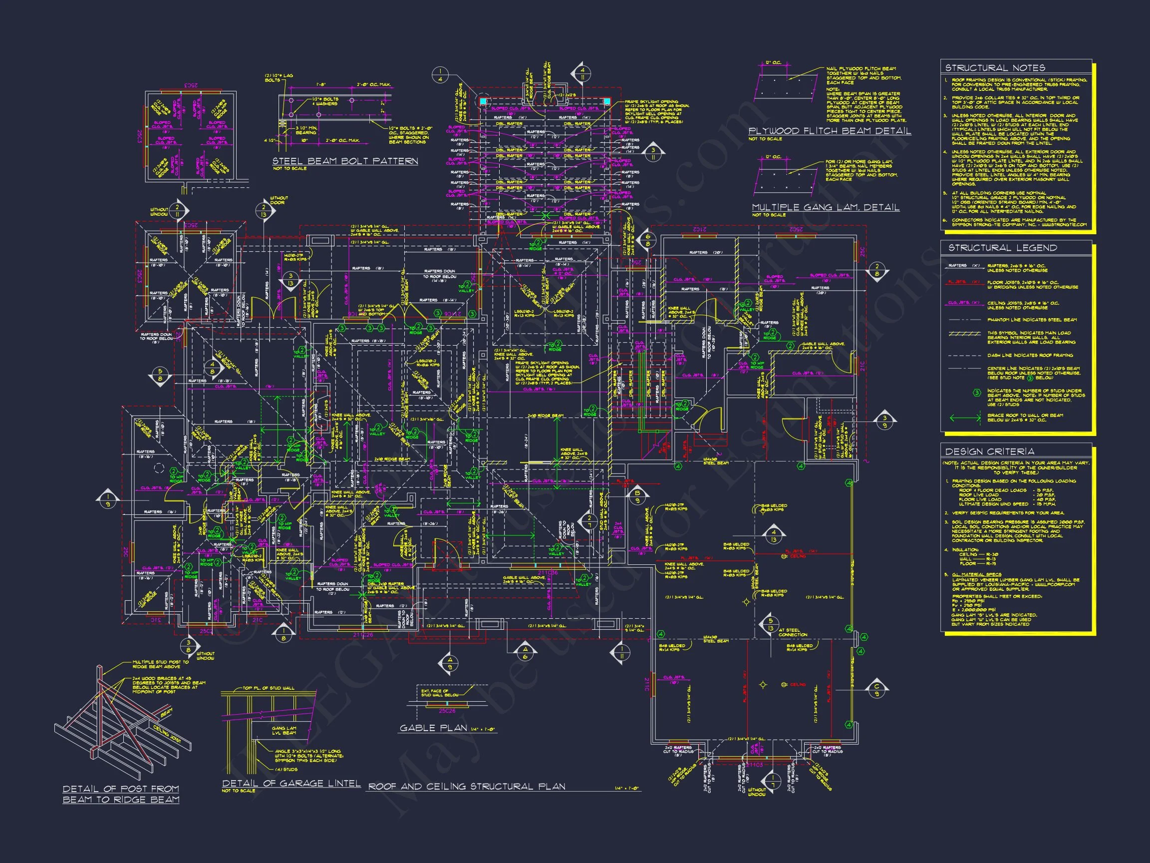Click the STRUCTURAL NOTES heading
tap(995, 67)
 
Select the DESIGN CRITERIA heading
tap(989, 451)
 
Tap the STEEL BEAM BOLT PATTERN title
tap(345, 161)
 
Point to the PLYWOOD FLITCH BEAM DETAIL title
tap(830, 131)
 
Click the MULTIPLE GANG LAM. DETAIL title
tap(826, 208)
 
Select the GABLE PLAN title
tap(433, 728)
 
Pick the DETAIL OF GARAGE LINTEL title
tap(291, 784)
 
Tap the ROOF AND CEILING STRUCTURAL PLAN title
tap(466, 787)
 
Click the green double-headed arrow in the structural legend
tap(965, 417)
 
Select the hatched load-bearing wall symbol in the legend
tap(965, 334)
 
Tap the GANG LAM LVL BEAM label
tap(284, 730)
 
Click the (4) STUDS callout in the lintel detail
tap(287, 769)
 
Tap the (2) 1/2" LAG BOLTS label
tap(279, 78)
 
